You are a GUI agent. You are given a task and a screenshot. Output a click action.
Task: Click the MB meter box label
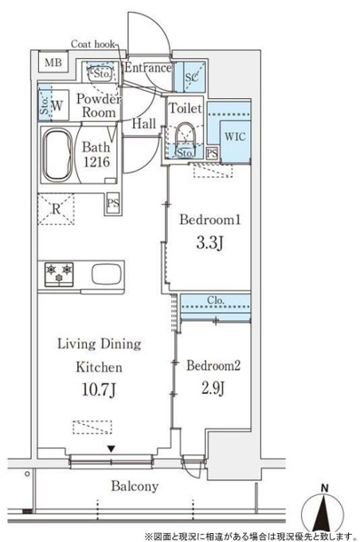pyautogui.click(x=53, y=62)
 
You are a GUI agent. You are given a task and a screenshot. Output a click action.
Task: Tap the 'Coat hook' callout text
pyautogui.click(x=93, y=45)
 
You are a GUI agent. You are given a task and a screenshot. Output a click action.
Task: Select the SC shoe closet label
pyautogui.click(x=191, y=77)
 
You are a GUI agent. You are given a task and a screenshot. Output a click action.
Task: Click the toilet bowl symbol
pyautogui.click(x=186, y=135)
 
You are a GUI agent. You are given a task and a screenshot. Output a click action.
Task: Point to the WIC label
pyautogui.click(x=235, y=136)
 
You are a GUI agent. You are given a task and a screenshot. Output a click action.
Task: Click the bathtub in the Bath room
pyautogui.click(x=57, y=155)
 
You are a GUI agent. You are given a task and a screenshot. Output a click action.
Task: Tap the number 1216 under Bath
pyautogui.click(x=96, y=162)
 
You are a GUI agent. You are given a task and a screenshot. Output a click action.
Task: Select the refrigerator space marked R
pyautogui.click(x=56, y=209)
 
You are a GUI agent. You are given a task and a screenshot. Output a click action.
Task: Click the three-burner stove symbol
pyautogui.click(x=59, y=274)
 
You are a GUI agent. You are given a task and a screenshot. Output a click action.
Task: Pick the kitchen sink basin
pyautogui.click(x=108, y=274)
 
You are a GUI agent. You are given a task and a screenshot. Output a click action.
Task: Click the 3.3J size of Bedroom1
pyautogui.click(x=209, y=243)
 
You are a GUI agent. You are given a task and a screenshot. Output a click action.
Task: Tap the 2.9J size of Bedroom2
pyautogui.click(x=213, y=388)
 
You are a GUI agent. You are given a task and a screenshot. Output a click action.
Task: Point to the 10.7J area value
pyautogui.click(x=99, y=390)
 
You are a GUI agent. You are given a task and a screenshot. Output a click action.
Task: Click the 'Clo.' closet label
pyautogui.click(x=216, y=300)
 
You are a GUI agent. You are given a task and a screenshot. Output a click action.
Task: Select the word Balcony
pyautogui.click(x=135, y=486)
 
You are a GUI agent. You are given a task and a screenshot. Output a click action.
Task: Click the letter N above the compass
pyautogui.click(x=324, y=488)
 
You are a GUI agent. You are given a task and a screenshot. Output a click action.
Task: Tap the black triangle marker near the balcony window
pyautogui.click(x=111, y=449)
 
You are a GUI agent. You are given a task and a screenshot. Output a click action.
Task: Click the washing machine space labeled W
pyautogui.click(x=57, y=105)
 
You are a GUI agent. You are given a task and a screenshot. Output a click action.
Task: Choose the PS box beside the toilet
pyautogui.click(x=213, y=154)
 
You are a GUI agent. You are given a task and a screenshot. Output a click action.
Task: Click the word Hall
pyautogui.click(x=144, y=124)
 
